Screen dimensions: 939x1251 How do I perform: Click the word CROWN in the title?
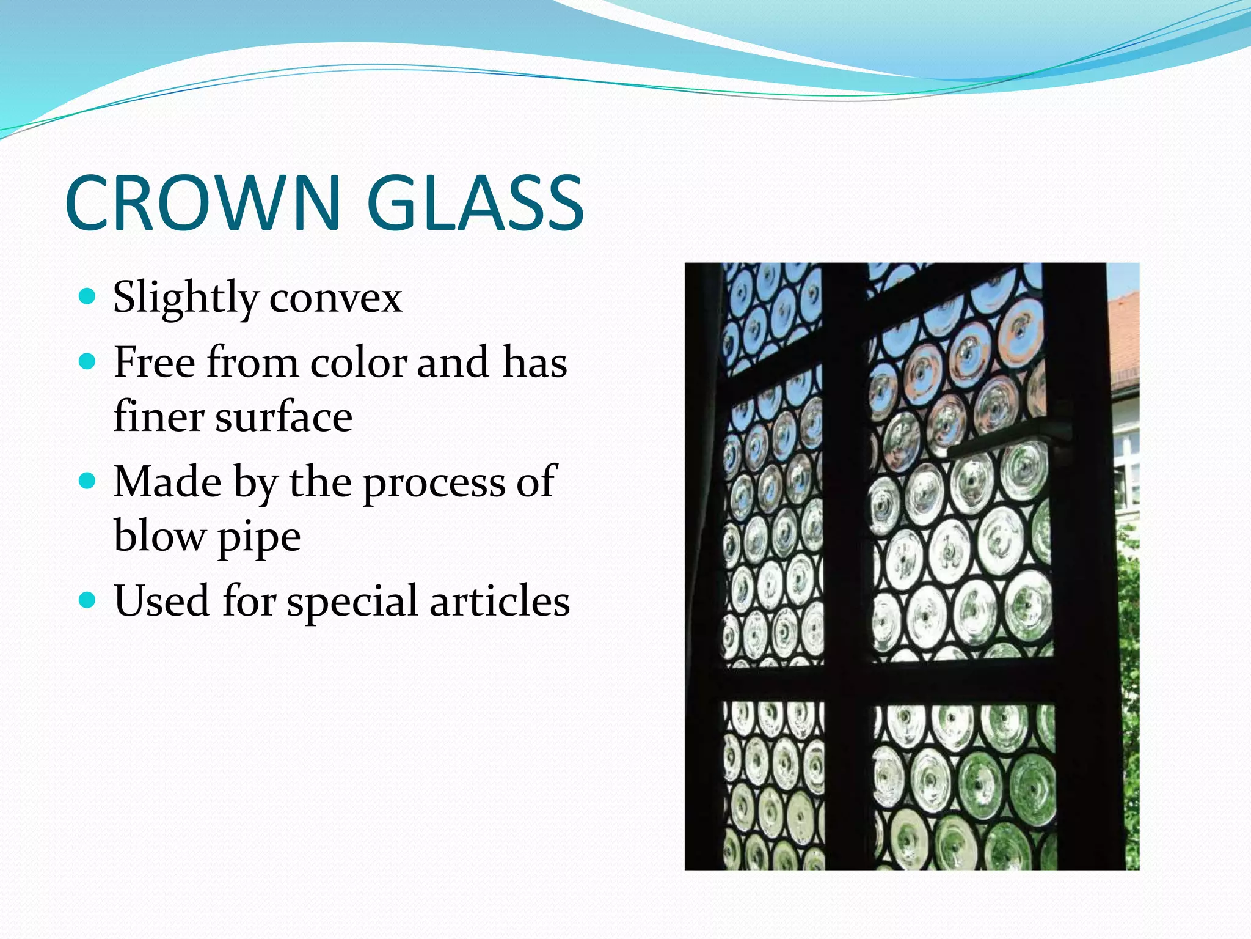[x=202, y=203]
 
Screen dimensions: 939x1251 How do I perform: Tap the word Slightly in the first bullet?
[x=186, y=298]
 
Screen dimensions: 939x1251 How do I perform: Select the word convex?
[x=335, y=300]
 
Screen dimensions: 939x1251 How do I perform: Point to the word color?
[x=359, y=363]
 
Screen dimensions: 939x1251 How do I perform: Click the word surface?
[x=283, y=418]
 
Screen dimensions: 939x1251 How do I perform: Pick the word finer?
[x=159, y=416]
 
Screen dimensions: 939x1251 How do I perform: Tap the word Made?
[x=167, y=482]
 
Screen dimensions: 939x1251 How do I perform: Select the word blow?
[x=160, y=536]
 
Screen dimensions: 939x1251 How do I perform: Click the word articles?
[x=499, y=601]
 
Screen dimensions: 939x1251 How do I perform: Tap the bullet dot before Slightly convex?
[x=88, y=297]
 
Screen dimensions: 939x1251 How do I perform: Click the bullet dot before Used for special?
[x=88, y=600]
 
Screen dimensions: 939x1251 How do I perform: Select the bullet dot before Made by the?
[x=88, y=481]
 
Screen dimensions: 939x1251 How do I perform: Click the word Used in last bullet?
[x=162, y=600]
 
